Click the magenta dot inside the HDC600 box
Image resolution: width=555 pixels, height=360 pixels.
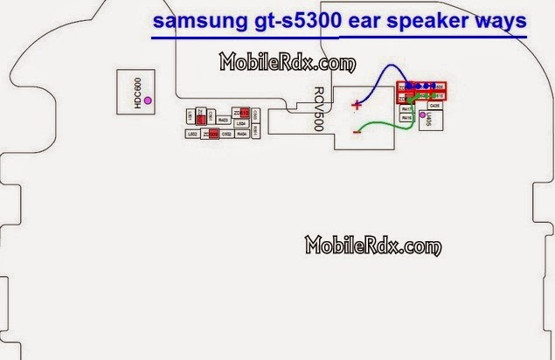(x=148, y=102)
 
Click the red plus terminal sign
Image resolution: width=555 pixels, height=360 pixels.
(x=356, y=106)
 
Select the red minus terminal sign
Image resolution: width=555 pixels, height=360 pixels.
(x=356, y=132)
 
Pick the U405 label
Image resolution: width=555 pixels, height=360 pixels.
(x=432, y=120)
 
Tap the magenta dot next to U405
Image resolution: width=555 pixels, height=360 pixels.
(x=423, y=114)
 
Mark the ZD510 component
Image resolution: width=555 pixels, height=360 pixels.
(x=244, y=113)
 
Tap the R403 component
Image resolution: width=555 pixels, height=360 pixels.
(x=224, y=119)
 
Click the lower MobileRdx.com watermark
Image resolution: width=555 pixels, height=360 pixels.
(x=370, y=246)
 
